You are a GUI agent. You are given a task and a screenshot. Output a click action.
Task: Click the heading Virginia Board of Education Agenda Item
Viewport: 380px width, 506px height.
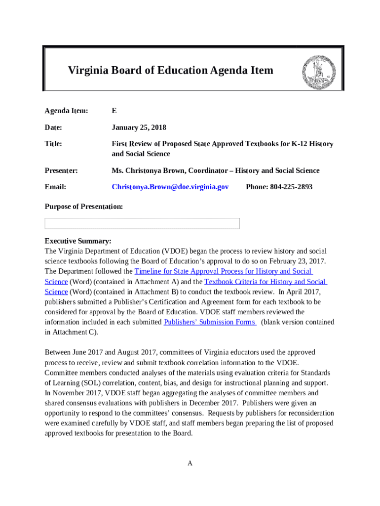[x=170, y=70]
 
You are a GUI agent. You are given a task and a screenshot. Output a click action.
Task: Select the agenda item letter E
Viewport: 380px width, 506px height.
[x=114, y=111]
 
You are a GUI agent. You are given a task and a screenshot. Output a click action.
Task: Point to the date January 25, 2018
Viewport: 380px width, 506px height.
[x=139, y=127]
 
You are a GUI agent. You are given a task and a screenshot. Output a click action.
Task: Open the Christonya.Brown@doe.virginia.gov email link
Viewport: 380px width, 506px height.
[x=170, y=187]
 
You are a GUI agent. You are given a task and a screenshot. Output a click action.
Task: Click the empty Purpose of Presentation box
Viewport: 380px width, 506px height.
[x=142, y=223]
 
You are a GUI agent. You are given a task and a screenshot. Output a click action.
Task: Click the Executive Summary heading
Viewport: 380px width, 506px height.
[x=78, y=241]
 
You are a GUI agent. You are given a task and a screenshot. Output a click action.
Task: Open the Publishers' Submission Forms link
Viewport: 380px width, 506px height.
[x=209, y=322]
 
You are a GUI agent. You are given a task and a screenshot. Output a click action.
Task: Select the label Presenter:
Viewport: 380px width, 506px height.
[x=61, y=170]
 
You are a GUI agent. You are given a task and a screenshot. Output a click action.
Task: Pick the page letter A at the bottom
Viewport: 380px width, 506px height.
[x=190, y=463]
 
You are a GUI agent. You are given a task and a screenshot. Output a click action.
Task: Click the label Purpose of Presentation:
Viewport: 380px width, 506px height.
[x=83, y=207]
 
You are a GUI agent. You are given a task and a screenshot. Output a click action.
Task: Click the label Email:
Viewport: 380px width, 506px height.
[x=55, y=187]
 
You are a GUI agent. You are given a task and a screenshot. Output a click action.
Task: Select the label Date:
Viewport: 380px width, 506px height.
[x=53, y=127]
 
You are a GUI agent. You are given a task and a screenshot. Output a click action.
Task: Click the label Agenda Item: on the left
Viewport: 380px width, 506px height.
[x=66, y=111]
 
